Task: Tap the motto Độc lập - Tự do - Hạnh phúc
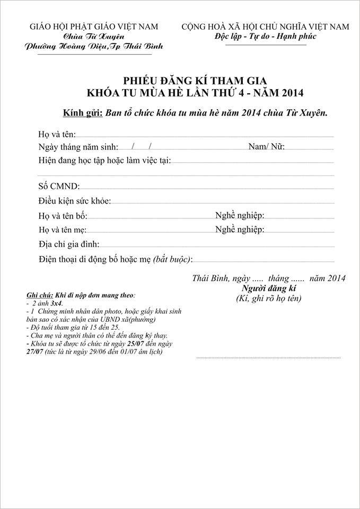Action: click(x=265, y=37)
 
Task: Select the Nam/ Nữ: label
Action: click(x=266, y=147)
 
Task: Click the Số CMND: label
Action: click(x=59, y=186)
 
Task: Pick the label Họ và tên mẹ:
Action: click(x=63, y=230)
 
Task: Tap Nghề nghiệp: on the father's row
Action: click(x=240, y=215)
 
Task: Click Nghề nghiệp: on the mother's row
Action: click(x=240, y=229)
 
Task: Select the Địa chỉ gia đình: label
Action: click(x=69, y=244)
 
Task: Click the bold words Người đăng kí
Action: click(x=268, y=288)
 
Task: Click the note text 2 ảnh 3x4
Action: click(x=47, y=302)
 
